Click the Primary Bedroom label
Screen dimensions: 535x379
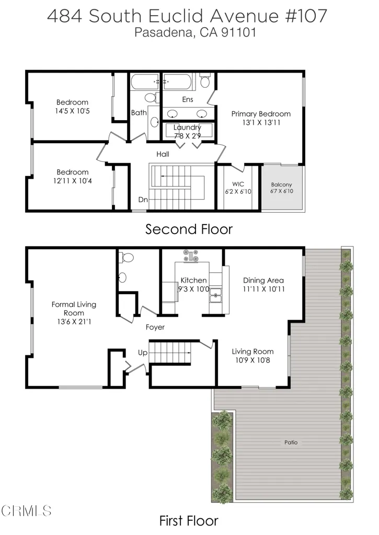click(x=261, y=113)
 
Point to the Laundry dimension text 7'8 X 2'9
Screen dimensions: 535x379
click(x=187, y=136)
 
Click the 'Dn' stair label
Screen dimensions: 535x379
click(x=143, y=200)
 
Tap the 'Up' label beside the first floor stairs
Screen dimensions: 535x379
click(x=143, y=353)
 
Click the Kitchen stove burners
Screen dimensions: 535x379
click(x=191, y=255)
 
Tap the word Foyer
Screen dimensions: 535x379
click(x=155, y=327)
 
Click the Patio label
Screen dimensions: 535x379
click(x=291, y=442)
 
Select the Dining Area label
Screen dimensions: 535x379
click(x=263, y=280)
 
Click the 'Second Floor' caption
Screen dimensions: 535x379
click(x=189, y=229)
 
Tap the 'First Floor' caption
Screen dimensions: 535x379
click(x=189, y=520)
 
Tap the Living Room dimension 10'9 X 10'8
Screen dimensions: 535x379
click(x=252, y=360)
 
